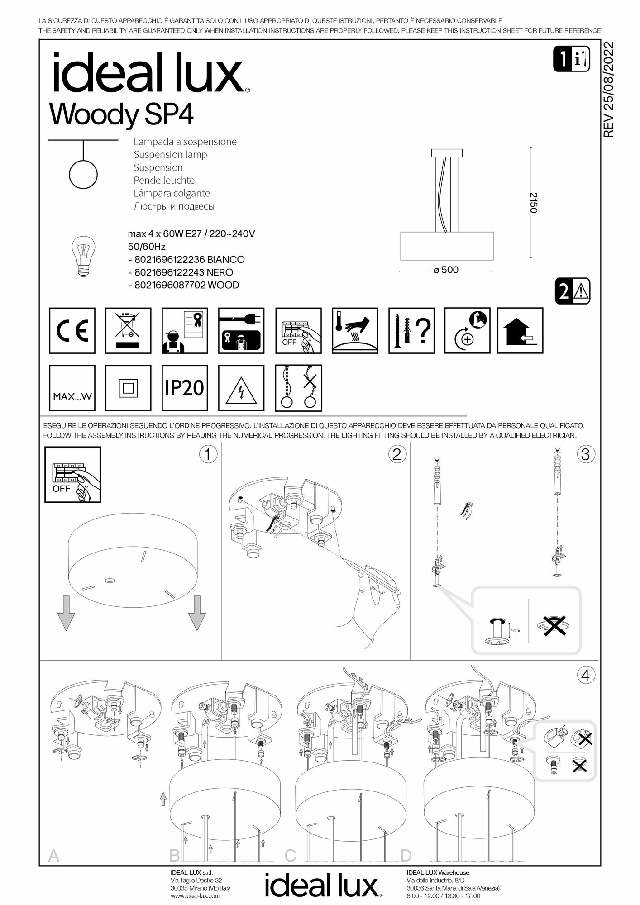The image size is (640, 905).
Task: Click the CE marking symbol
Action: point(72,331)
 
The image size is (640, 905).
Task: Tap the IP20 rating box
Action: point(185,388)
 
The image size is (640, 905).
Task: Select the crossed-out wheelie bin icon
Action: point(128,331)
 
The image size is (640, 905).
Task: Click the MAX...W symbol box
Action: point(72,388)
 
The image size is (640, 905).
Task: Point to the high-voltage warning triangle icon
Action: point(241,388)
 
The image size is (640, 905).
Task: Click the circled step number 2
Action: point(396,454)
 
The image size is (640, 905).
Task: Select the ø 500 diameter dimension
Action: point(446,270)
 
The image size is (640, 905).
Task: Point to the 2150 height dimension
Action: point(534,203)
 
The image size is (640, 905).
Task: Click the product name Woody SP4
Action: point(121,114)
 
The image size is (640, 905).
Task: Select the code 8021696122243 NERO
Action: point(184,272)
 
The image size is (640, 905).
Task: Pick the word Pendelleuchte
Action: point(164,180)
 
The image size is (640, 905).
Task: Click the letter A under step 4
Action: point(53,856)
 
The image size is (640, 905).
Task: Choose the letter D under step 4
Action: point(406,856)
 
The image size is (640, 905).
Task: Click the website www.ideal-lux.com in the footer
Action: point(196,895)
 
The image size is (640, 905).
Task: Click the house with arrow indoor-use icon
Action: point(520,331)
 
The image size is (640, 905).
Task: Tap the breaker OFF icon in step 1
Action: point(72,475)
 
